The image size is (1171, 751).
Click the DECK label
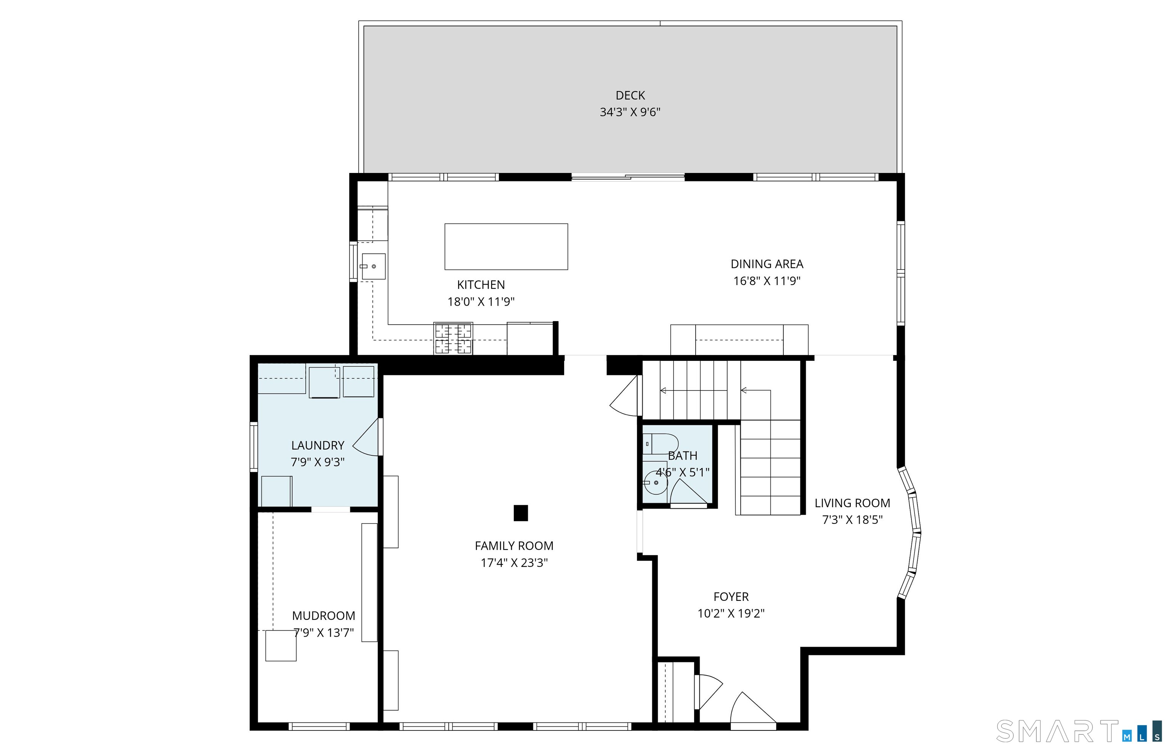(630, 96)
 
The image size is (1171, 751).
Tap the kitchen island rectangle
(506, 246)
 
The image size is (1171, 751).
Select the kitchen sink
(373, 266)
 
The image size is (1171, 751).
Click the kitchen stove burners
(453, 338)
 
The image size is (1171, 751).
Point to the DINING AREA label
(767, 264)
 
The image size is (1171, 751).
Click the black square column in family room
(520, 513)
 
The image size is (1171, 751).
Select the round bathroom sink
(655, 483)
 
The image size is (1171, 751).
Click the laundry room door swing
(366, 437)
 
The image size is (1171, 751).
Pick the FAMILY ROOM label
(514, 546)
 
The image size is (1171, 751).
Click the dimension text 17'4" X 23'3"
(514, 563)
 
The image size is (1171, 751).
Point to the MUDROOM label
(323, 616)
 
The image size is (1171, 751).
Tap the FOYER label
(731, 596)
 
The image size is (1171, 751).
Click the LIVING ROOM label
(852, 503)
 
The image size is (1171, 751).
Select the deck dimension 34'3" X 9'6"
(630, 112)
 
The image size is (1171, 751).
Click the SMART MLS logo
(1078, 732)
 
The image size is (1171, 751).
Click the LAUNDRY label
(318, 445)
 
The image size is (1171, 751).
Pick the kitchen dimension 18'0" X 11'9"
(481, 302)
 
